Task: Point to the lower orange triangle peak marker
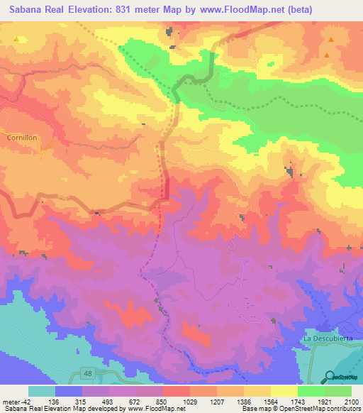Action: pyautogui.click(x=327, y=55)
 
